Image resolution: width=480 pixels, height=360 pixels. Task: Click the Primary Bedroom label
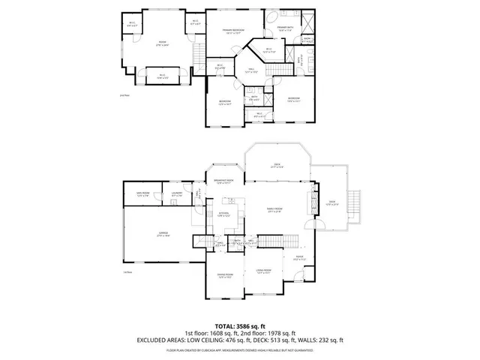coord(235,31)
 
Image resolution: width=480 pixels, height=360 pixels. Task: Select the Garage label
coord(152,234)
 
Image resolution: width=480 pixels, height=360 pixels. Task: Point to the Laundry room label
coord(177,194)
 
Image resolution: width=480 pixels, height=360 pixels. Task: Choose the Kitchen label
coord(223,214)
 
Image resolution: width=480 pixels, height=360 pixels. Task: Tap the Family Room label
coord(274,210)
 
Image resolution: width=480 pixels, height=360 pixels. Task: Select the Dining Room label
coord(224,276)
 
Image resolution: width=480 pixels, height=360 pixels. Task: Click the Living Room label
coord(262,271)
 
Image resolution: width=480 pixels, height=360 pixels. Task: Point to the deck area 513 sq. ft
coord(283,340)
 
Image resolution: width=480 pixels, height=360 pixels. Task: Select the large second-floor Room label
coord(161,43)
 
